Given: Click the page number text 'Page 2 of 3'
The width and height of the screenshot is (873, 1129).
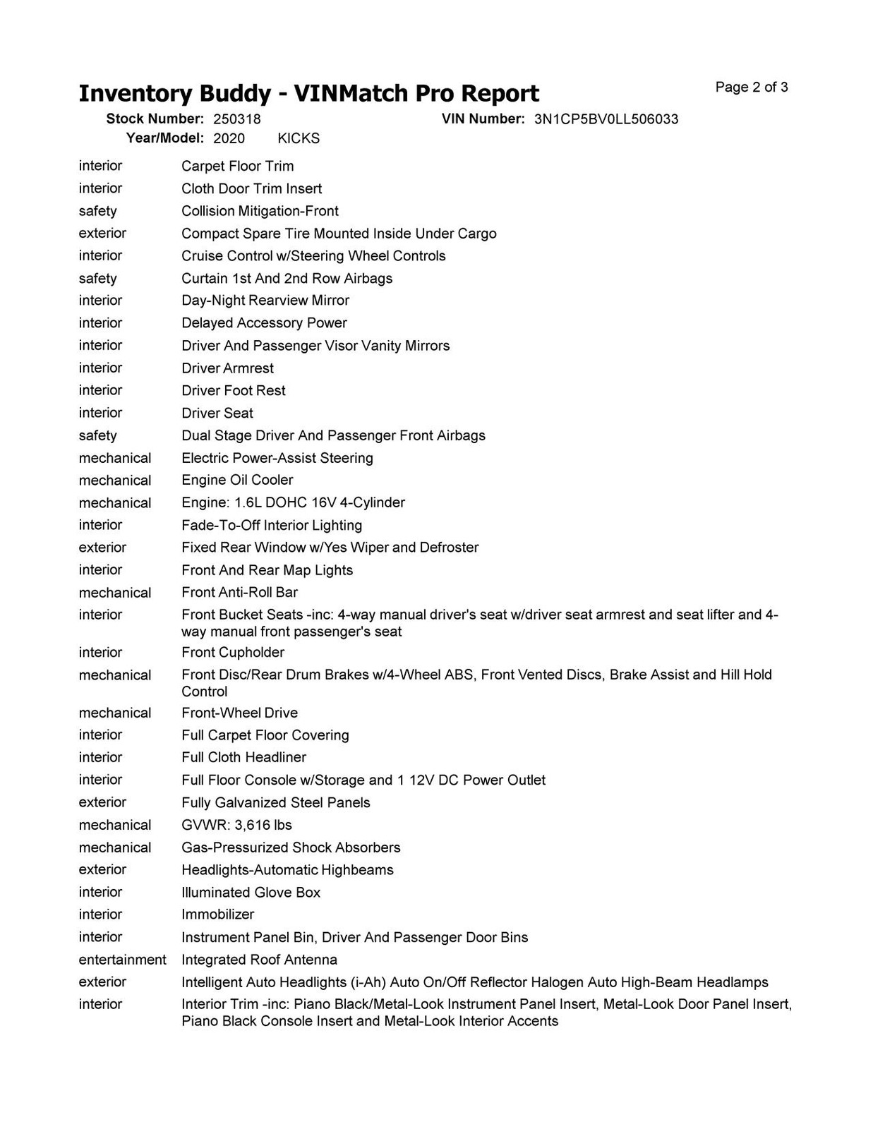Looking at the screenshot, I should click(x=751, y=87).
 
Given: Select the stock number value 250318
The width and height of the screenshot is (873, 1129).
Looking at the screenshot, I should click(x=236, y=119).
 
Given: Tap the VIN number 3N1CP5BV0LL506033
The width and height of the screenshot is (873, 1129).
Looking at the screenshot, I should click(x=606, y=119).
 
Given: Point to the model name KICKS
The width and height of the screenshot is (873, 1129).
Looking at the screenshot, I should click(x=299, y=138).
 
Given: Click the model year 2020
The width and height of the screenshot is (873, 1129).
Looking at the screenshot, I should click(x=229, y=138).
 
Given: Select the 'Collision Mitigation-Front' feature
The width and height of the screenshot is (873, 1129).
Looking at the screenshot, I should click(x=260, y=211).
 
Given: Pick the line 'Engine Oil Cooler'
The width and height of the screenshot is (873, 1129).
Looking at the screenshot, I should click(x=237, y=480).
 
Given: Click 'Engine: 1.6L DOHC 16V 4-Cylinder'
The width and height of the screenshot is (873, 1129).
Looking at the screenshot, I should click(x=293, y=502).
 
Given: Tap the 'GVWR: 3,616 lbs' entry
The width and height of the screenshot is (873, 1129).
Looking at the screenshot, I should click(x=236, y=825).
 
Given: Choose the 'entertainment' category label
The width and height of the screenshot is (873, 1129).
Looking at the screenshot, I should click(x=122, y=960).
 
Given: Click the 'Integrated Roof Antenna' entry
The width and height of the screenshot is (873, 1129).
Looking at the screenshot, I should click(x=259, y=960).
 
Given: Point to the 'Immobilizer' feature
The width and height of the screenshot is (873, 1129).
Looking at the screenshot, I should click(x=217, y=914).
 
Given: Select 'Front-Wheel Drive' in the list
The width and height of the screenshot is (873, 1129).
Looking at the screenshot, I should click(x=239, y=713).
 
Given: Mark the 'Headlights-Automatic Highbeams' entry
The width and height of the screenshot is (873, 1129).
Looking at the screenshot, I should click(x=287, y=870).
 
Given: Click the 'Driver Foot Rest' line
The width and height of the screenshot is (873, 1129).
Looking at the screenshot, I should click(x=234, y=390).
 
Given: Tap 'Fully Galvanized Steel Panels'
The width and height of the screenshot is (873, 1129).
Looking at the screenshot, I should click(x=275, y=802).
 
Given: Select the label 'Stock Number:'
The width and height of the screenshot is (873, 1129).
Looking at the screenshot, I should click(x=155, y=119).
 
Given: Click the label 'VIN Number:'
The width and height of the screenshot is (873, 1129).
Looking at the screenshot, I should click(x=483, y=119).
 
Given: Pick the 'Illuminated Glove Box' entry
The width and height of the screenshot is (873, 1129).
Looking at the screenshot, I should click(x=251, y=893).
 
